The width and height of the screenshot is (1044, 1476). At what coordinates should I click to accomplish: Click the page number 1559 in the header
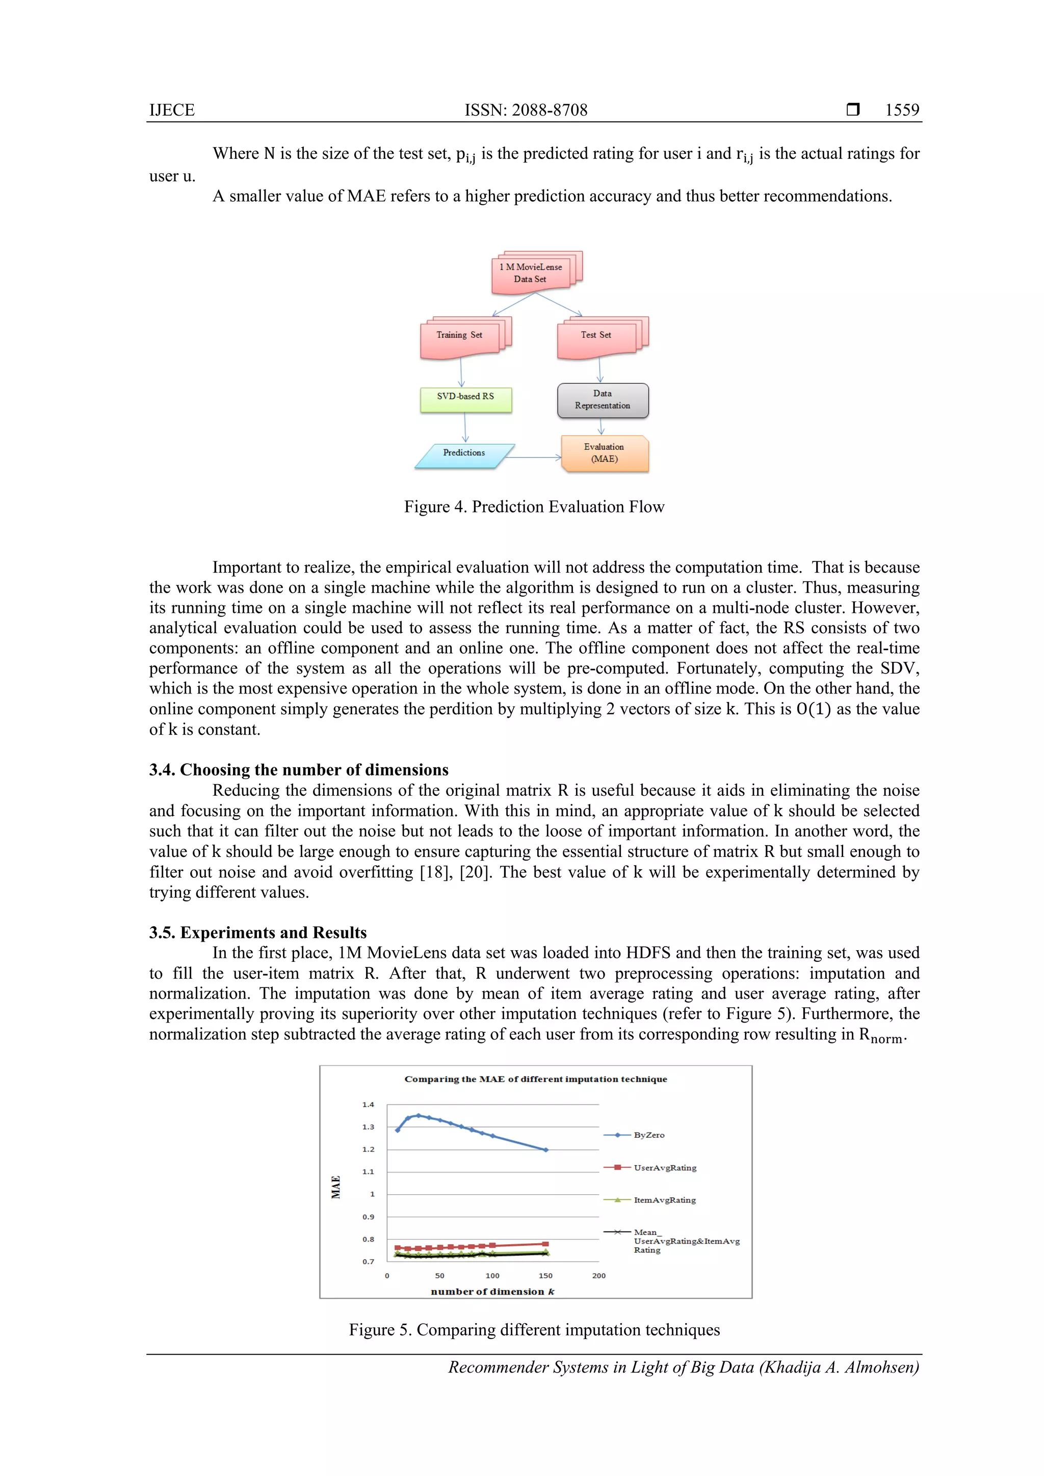pos(902,110)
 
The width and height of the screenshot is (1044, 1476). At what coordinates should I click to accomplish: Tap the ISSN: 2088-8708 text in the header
pos(526,110)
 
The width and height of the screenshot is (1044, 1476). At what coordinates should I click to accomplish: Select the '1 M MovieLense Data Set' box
pos(531,273)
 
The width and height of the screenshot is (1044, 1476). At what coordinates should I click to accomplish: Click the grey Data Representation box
pos(603,400)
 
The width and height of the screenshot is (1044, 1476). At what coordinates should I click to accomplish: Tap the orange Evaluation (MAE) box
pos(604,453)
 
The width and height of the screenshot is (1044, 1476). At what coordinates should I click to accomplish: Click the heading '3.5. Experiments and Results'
pos(257,932)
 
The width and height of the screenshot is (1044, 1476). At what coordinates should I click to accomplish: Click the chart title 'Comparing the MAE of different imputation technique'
pos(535,1079)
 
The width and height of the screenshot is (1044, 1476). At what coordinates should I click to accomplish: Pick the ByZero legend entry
pos(648,1135)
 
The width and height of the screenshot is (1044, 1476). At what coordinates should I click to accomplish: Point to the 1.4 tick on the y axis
pos(368,1105)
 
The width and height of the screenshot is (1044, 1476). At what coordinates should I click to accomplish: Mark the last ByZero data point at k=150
pos(545,1149)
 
